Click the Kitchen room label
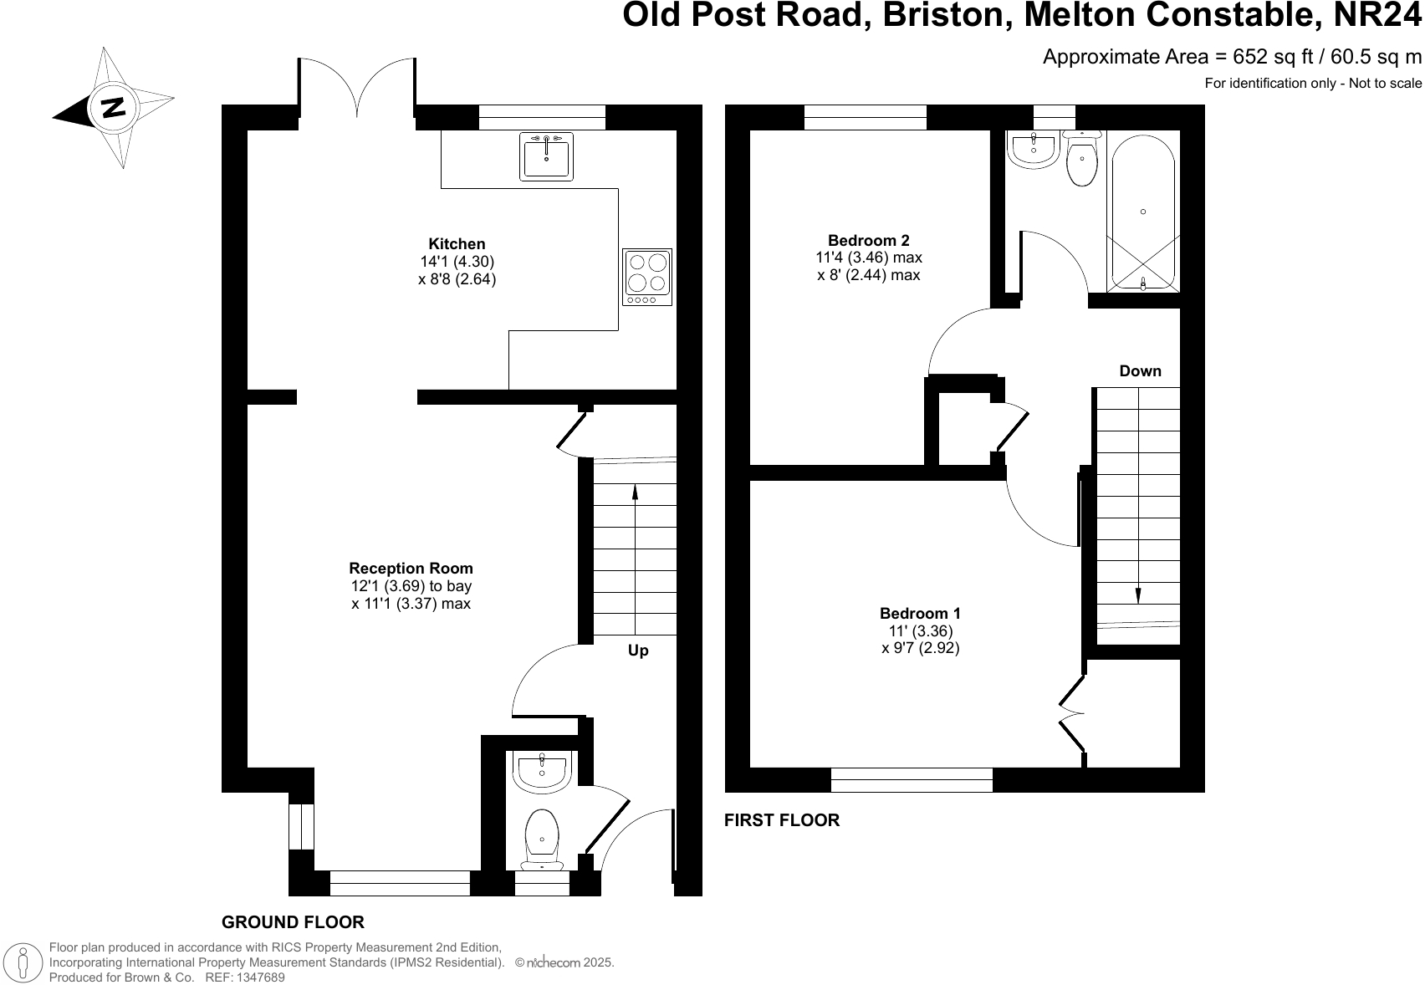tap(457, 244)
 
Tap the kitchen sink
tap(547, 157)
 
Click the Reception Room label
tap(411, 569)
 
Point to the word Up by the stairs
tap(638, 651)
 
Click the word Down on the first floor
tap(1140, 371)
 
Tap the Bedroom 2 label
tap(868, 240)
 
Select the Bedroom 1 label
tap(920, 614)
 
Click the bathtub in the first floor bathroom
tap(1142, 211)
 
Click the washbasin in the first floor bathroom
tap(1034, 149)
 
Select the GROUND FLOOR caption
tap(293, 922)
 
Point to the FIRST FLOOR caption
tap(782, 820)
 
